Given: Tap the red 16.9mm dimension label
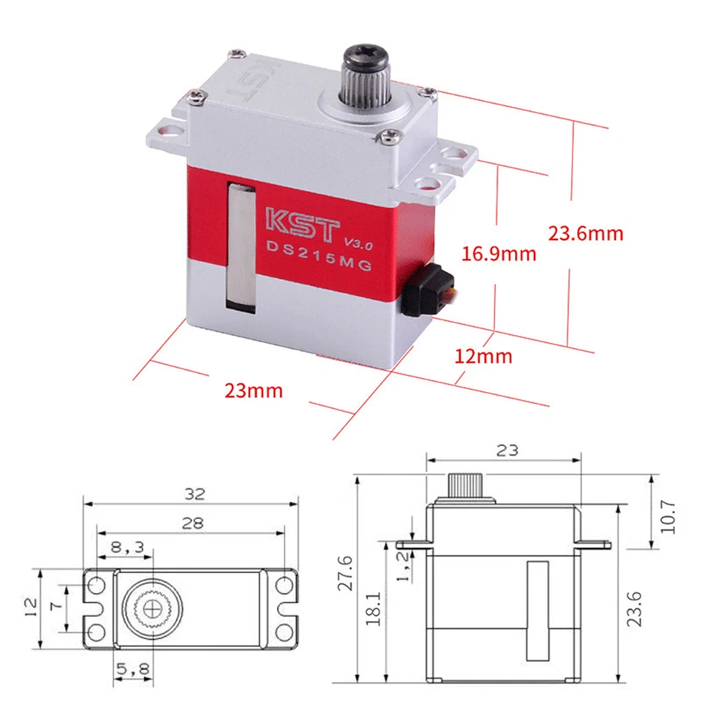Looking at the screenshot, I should point(499,254).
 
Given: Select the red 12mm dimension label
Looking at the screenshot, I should point(483,357).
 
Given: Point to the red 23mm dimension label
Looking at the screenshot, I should point(254,390).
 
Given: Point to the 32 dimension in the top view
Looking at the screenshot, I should point(195,494).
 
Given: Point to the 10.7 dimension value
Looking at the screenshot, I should point(667,516).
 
